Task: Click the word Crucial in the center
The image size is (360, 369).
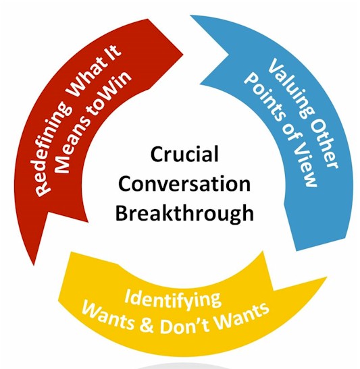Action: point(184,154)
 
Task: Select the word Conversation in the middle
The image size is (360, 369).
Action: point(184,183)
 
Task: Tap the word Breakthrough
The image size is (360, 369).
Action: point(184,212)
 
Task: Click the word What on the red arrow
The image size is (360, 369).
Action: point(86,78)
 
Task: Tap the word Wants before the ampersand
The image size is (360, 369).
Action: point(107,315)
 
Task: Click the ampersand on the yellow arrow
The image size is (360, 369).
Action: point(147,324)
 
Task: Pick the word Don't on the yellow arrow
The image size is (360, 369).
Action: point(184,324)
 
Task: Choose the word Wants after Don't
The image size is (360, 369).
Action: point(241,314)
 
